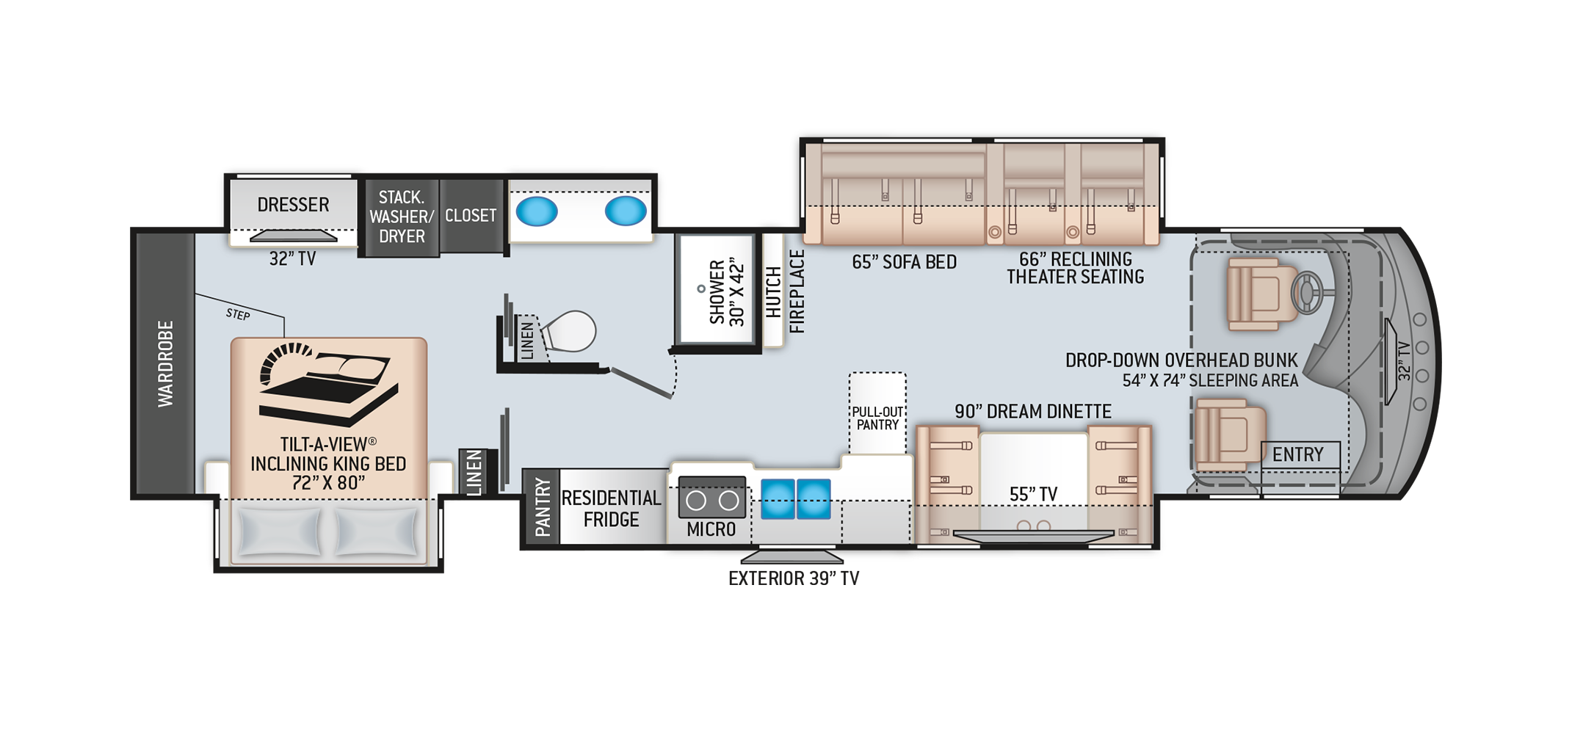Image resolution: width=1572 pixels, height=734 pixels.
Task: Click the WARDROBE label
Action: pos(166,363)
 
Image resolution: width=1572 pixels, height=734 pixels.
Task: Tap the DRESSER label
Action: pos(293,205)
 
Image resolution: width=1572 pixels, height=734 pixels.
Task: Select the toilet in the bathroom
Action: pos(568,331)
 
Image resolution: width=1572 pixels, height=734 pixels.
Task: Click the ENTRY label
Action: pos(1297,455)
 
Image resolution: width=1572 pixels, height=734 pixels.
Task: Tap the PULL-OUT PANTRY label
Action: pos(877,418)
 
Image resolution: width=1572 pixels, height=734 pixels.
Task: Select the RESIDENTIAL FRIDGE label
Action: pos(611,509)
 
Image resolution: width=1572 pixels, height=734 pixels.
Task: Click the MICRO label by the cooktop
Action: pos(711,529)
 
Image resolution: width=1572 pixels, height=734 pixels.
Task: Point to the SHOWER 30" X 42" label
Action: pos(727,291)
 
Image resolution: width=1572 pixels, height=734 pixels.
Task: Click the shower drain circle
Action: pos(701,289)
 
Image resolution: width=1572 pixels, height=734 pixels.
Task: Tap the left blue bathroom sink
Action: pos(537,211)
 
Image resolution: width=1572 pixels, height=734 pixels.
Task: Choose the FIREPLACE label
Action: pos(797,291)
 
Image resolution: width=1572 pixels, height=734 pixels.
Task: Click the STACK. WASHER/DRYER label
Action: pos(402,217)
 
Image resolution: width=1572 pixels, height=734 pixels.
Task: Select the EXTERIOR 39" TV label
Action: pos(794,578)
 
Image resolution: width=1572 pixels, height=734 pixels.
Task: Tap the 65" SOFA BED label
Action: pos(904,262)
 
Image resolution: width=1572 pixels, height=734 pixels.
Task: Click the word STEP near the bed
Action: pos(238,314)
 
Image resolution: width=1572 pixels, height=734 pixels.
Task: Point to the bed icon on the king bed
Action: pos(328,384)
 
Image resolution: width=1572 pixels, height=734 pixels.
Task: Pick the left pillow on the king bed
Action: pos(279,531)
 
